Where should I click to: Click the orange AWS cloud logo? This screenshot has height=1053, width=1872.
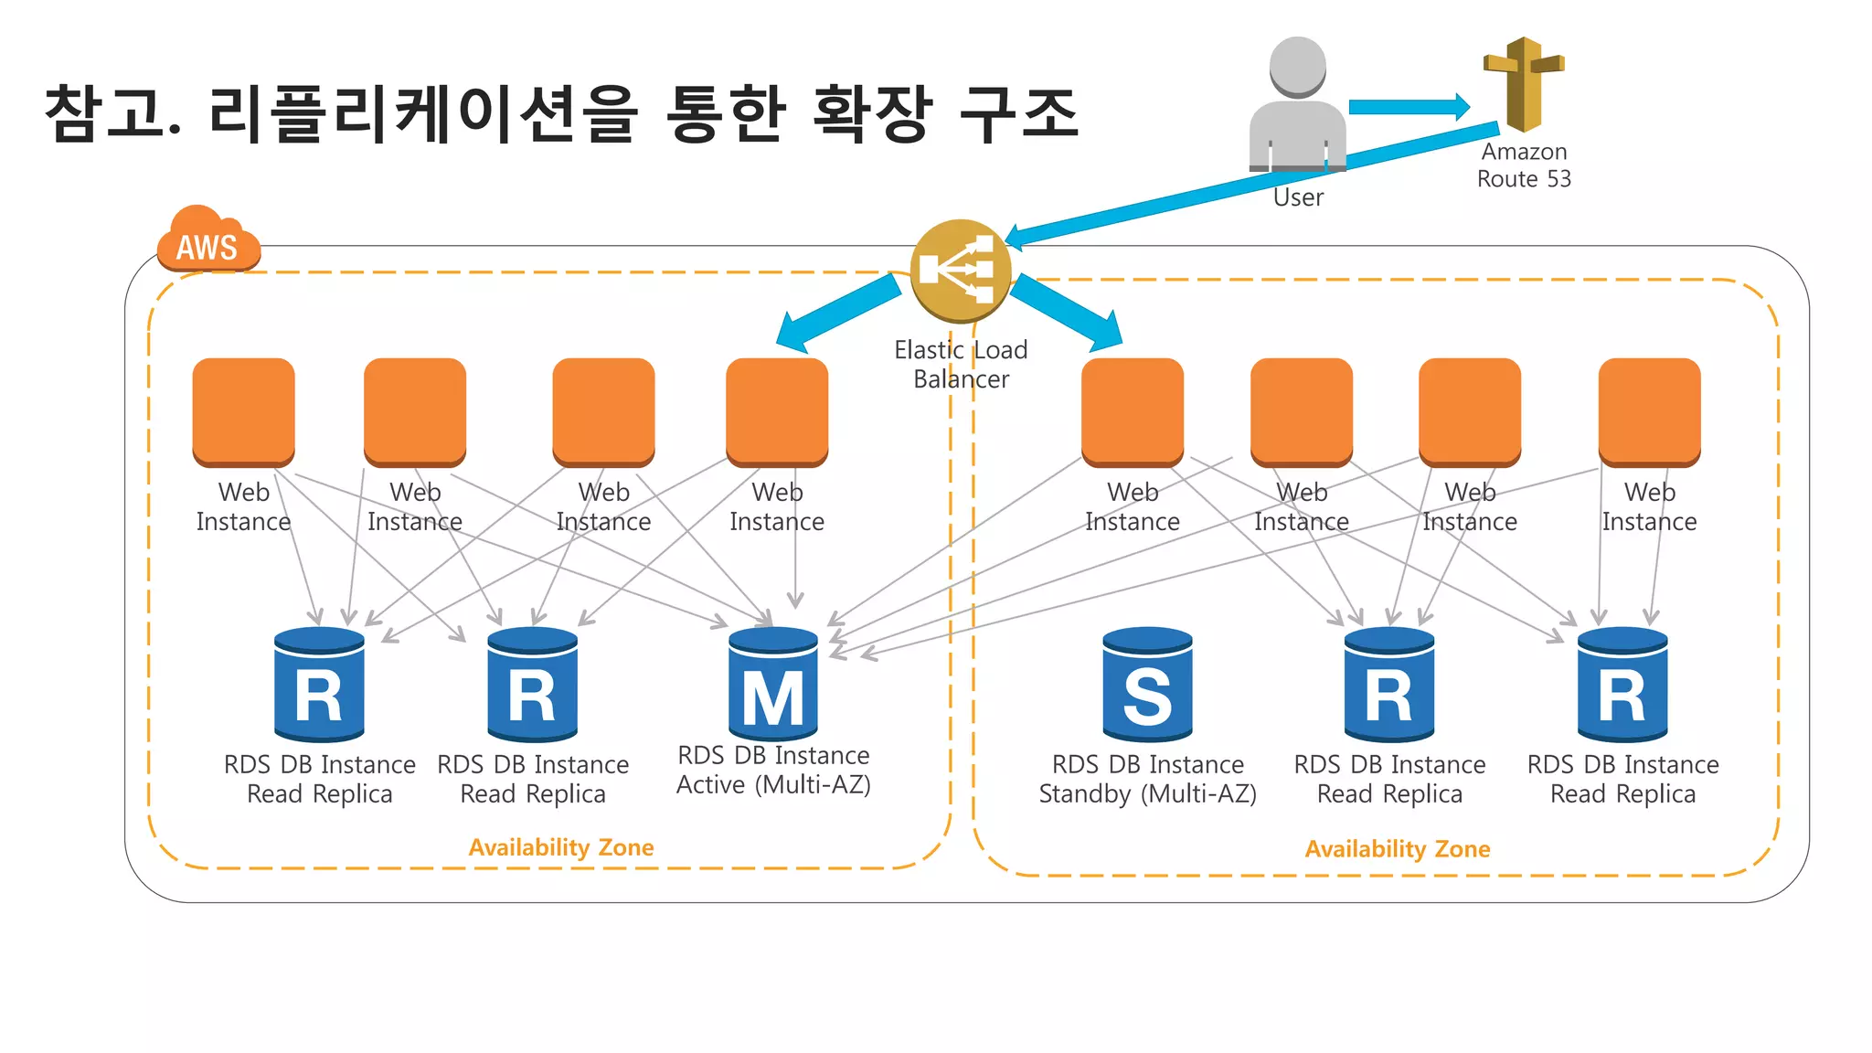[x=207, y=239]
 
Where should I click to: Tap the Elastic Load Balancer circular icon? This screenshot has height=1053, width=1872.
[x=960, y=271]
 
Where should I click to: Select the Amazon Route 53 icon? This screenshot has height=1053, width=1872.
[x=1523, y=84]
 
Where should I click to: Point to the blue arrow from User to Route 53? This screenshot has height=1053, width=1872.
[x=1408, y=107]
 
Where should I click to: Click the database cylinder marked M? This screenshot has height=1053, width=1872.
[x=773, y=685]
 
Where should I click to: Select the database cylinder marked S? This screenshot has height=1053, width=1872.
[x=1147, y=685]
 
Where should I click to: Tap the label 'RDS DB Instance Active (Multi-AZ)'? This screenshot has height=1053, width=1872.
[x=773, y=770]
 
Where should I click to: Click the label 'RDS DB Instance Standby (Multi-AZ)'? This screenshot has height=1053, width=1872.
[x=1147, y=779]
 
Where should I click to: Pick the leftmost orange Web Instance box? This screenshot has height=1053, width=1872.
[x=243, y=411]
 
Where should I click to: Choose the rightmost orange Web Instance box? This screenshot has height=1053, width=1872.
[x=1649, y=411]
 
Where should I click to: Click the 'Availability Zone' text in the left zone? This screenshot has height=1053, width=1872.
[x=561, y=847]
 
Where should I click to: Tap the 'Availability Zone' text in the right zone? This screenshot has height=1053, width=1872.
[x=1397, y=849]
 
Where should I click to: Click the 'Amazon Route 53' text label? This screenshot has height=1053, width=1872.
[x=1524, y=165]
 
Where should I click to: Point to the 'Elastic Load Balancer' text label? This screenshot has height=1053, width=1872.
[x=961, y=364]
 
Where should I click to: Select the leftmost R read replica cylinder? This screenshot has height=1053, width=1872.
[x=319, y=685]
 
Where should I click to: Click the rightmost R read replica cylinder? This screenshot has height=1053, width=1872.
[x=1622, y=685]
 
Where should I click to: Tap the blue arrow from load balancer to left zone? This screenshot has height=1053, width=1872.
[x=836, y=314]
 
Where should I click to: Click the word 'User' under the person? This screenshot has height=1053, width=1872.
[x=1298, y=197]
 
